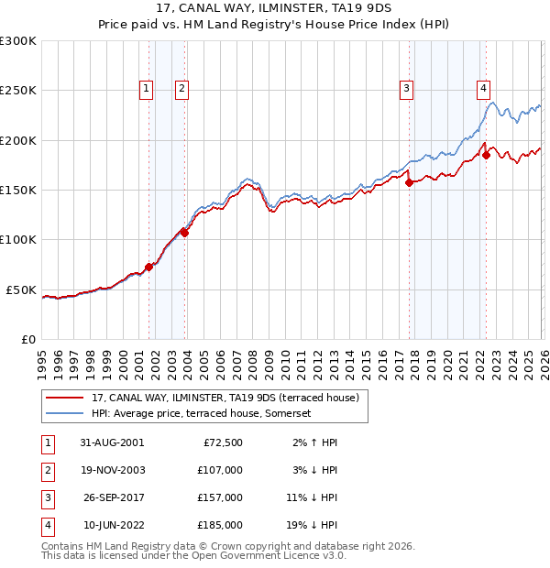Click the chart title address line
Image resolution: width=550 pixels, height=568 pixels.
275,9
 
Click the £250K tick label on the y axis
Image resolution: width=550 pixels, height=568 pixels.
17,91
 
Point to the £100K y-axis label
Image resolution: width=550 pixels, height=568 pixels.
17,239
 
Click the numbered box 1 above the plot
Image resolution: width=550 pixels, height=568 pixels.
146,89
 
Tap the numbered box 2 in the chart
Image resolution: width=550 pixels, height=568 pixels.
181,89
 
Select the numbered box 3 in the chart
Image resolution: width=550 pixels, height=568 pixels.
405,89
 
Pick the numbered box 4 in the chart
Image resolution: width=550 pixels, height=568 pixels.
482,89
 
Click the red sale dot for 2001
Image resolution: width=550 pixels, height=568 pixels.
148,267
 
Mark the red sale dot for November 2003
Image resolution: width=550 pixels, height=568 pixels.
184,233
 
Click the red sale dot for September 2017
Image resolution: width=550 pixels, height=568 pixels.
409,182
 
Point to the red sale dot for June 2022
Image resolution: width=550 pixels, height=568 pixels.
486,155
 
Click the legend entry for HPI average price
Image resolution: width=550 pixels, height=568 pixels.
202,413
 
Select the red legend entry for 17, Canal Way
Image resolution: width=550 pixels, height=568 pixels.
229,398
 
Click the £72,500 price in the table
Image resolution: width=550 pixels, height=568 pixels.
223,442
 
